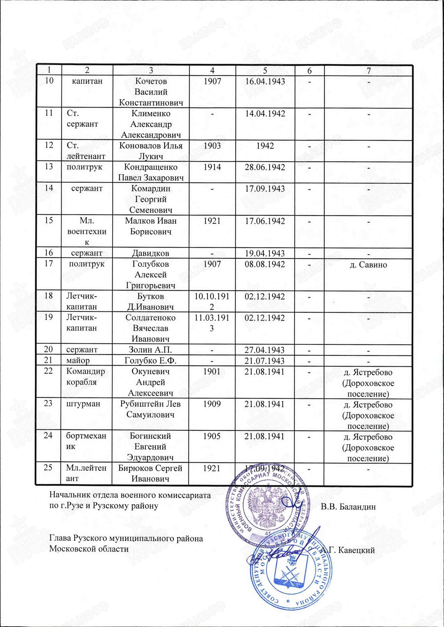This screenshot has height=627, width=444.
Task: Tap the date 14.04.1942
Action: (265, 114)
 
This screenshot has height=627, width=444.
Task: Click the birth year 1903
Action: (212, 146)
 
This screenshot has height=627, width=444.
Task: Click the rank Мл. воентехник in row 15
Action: (87, 231)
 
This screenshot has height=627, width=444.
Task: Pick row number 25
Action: (48, 468)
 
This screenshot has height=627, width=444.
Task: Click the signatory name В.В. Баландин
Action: (348, 507)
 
